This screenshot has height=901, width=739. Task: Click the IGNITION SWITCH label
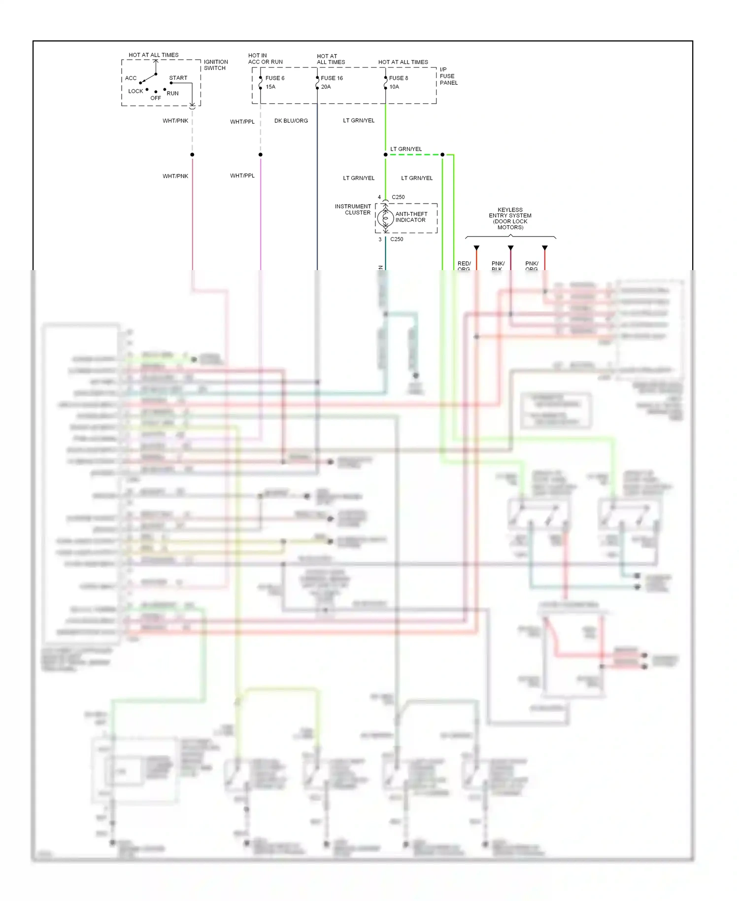click(215, 65)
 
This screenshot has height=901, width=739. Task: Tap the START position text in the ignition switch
click(178, 78)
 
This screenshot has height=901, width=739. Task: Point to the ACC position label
click(131, 78)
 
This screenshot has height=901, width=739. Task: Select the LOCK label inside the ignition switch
click(135, 91)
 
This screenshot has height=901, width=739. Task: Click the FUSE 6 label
click(274, 78)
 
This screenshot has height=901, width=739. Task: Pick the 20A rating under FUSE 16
click(326, 87)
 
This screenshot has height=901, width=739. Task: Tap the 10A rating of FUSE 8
click(394, 87)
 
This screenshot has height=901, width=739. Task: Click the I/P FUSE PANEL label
click(448, 76)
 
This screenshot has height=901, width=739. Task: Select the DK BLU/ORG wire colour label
click(291, 121)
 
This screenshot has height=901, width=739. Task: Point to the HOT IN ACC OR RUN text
click(265, 59)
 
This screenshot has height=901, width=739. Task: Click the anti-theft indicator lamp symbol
click(386, 217)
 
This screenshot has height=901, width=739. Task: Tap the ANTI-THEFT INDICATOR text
click(411, 217)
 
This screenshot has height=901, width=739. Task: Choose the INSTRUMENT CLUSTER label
click(353, 209)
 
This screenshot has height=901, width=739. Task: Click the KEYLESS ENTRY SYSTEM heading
click(510, 218)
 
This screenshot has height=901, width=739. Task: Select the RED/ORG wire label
click(464, 266)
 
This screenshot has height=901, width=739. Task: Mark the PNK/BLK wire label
click(498, 266)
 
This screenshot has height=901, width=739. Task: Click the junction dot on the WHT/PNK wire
click(192, 155)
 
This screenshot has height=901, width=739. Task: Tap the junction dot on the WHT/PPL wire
click(261, 155)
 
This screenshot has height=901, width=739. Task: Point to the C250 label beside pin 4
click(398, 197)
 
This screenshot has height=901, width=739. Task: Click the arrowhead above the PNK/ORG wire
click(544, 248)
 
